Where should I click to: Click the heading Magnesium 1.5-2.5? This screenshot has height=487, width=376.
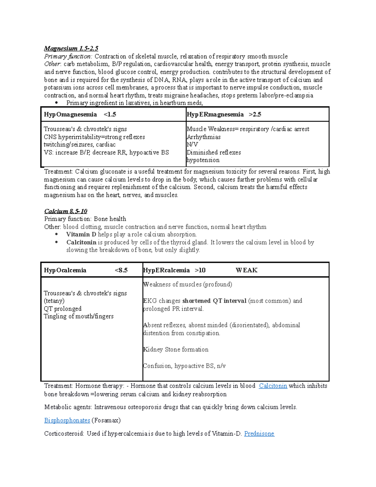(x=71, y=48)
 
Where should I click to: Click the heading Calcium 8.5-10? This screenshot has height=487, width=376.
(x=65, y=211)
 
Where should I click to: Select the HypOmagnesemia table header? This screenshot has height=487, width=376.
(x=70, y=114)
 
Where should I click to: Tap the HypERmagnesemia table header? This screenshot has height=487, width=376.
(x=215, y=114)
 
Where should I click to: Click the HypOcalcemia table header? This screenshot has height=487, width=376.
(x=65, y=270)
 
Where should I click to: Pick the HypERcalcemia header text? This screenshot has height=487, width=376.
(x=166, y=270)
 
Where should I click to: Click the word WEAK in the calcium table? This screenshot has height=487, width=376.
(x=247, y=270)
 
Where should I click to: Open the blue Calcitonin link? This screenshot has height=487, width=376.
(x=273, y=386)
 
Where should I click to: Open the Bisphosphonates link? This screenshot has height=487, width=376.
(x=67, y=421)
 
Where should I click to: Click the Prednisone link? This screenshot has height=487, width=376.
(x=259, y=434)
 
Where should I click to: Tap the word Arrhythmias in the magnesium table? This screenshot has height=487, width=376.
(x=204, y=137)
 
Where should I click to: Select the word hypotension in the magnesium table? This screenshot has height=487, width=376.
(x=203, y=160)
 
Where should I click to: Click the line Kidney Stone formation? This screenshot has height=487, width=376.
(x=176, y=350)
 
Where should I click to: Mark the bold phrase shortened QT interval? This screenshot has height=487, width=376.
(x=214, y=301)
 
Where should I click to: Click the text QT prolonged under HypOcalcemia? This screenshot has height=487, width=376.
(x=63, y=309)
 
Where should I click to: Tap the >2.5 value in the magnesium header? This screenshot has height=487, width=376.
(x=255, y=114)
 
